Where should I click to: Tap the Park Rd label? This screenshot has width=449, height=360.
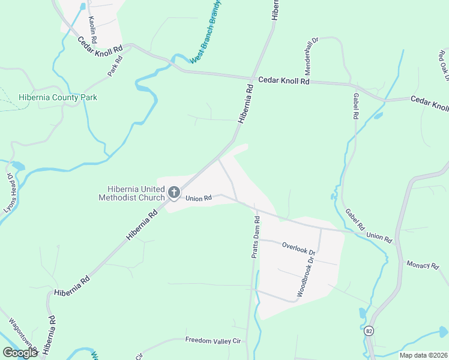115,65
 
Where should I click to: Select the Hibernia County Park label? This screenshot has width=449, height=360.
58,97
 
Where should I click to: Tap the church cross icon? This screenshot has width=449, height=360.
173,193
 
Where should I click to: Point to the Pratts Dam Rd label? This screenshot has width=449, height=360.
256,236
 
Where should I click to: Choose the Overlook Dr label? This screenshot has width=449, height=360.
298,246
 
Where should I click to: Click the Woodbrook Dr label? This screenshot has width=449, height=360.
306,277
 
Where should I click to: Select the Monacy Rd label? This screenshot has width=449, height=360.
423,265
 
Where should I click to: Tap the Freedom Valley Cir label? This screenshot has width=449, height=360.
212,341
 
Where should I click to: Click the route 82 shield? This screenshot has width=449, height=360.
369,331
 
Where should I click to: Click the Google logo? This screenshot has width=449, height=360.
20,353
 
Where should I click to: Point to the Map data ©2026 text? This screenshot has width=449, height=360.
423,355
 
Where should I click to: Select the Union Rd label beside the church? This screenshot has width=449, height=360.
199,198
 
